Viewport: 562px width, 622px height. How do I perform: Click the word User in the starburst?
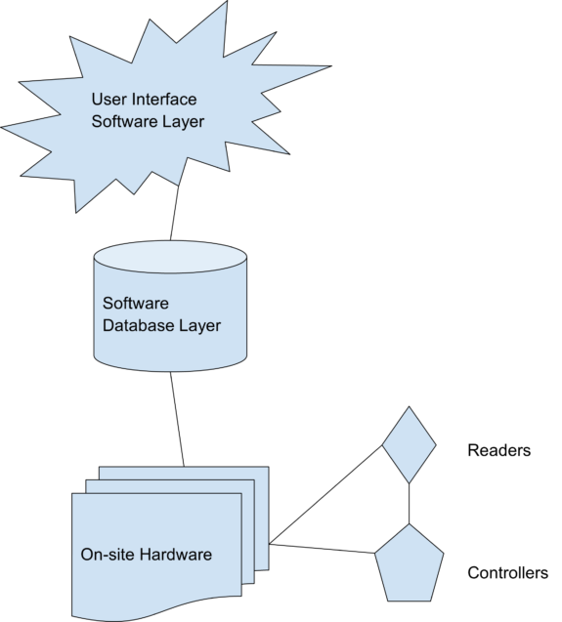click(x=108, y=99)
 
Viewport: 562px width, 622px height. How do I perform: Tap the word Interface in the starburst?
click(x=161, y=99)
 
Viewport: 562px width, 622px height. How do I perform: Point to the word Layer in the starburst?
click(x=183, y=122)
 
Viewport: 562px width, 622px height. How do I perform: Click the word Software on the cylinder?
click(x=136, y=304)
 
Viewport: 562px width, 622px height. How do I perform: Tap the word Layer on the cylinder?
click(x=199, y=325)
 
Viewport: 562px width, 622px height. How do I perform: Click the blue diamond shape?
click(x=409, y=445)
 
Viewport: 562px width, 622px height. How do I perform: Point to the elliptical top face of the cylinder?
click(x=170, y=257)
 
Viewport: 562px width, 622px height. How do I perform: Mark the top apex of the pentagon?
click(x=409, y=525)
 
